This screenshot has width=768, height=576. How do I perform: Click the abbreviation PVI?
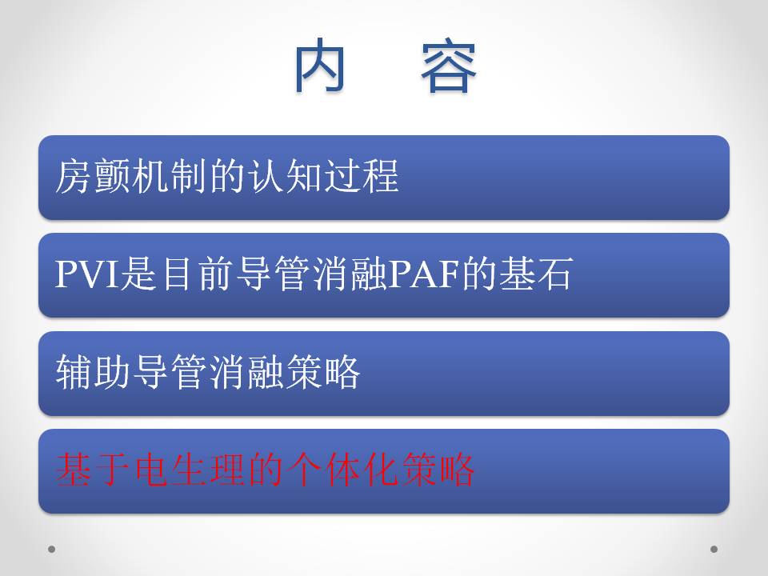tap(87, 274)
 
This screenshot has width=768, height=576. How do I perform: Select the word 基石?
tap(536, 274)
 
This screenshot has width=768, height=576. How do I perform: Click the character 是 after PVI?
tap(139, 274)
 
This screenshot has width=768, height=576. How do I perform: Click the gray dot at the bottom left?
tap(51, 549)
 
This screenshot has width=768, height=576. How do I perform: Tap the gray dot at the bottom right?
tap(714, 549)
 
